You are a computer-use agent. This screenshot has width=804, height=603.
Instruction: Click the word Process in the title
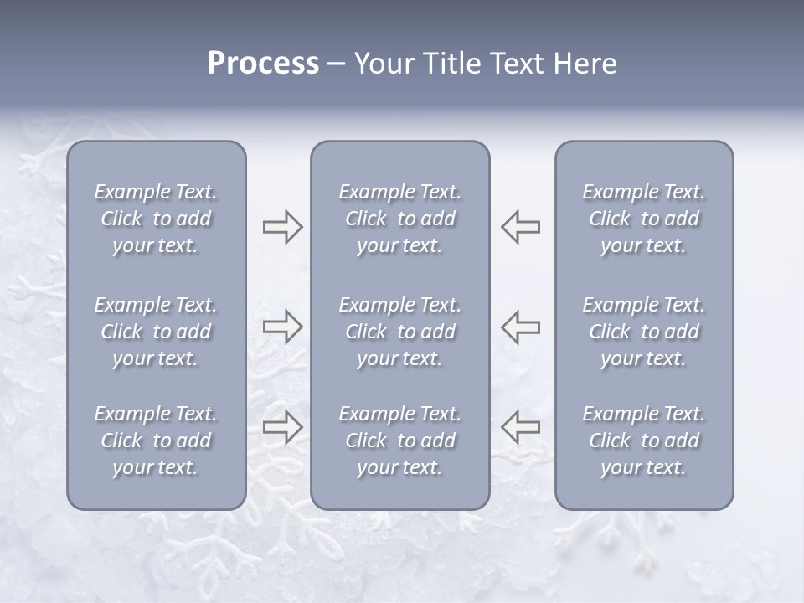(x=263, y=64)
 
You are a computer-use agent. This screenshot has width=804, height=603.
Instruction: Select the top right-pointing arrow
(x=282, y=227)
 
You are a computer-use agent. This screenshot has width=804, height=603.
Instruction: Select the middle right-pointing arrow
(x=282, y=327)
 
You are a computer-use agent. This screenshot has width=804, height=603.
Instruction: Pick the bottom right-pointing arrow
(x=282, y=427)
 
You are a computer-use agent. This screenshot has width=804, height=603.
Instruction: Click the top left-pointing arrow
(x=521, y=227)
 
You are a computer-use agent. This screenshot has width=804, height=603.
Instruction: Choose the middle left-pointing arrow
(x=521, y=327)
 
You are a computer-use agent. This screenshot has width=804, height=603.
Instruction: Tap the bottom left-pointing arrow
(x=521, y=427)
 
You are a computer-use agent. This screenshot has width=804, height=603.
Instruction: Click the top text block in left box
(x=156, y=219)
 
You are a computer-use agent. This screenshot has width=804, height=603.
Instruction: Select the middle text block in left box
(x=156, y=332)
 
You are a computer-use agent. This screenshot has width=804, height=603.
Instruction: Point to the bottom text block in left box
(x=156, y=441)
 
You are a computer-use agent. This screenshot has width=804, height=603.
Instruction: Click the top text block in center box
(x=400, y=219)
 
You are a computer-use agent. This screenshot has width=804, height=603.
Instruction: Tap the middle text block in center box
(x=400, y=332)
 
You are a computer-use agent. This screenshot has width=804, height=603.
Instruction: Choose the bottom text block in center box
(x=400, y=441)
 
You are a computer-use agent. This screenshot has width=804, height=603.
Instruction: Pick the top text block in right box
(x=644, y=219)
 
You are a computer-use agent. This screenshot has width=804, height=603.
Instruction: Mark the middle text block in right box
(x=644, y=332)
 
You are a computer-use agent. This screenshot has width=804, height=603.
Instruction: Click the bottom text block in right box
(x=644, y=441)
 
